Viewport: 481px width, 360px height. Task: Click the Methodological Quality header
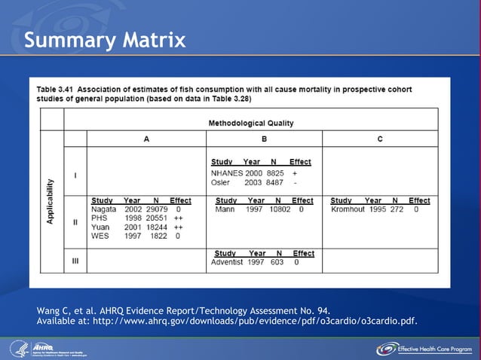coord(250,123)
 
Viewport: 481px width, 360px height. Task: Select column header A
coord(146,139)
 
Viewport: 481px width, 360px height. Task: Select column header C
coord(380,139)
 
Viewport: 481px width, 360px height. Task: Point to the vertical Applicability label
coord(51,200)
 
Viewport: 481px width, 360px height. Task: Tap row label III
coord(75,262)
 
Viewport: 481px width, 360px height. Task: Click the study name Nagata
coord(104,209)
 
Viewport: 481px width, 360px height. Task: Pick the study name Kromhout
coord(348,209)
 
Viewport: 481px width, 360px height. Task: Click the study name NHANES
coord(227,173)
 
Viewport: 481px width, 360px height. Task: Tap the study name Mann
coord(225,209)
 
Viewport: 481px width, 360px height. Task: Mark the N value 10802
coord(280,209)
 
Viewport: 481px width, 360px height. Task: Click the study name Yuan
coord(100,227)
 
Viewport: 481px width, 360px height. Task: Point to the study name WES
coord(100,236)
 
